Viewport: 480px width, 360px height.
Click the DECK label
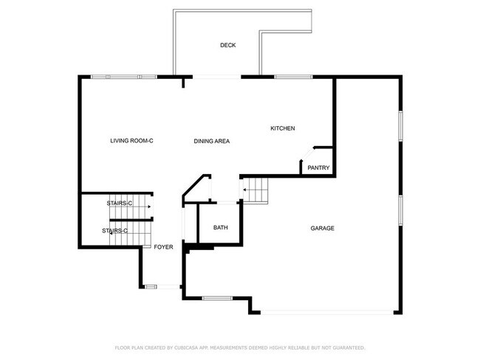[227, 46]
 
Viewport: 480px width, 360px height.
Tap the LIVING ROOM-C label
[131, 141]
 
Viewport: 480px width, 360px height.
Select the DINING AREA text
[212, 141]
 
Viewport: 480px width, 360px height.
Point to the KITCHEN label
[282, 128]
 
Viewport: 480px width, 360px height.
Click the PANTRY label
[318, 168]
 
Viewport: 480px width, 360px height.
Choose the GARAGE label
[322, 229]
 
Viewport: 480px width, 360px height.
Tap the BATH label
[221, 228]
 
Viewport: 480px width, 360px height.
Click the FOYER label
[163, 247]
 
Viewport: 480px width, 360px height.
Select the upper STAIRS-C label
[119, 203]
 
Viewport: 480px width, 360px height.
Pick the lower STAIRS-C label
[114, 231]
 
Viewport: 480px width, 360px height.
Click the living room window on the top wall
[123, 76]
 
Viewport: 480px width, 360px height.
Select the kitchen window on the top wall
[293, 76]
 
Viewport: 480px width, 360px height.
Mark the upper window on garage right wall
[400, 125]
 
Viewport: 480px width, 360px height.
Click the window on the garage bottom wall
[216, 298]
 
